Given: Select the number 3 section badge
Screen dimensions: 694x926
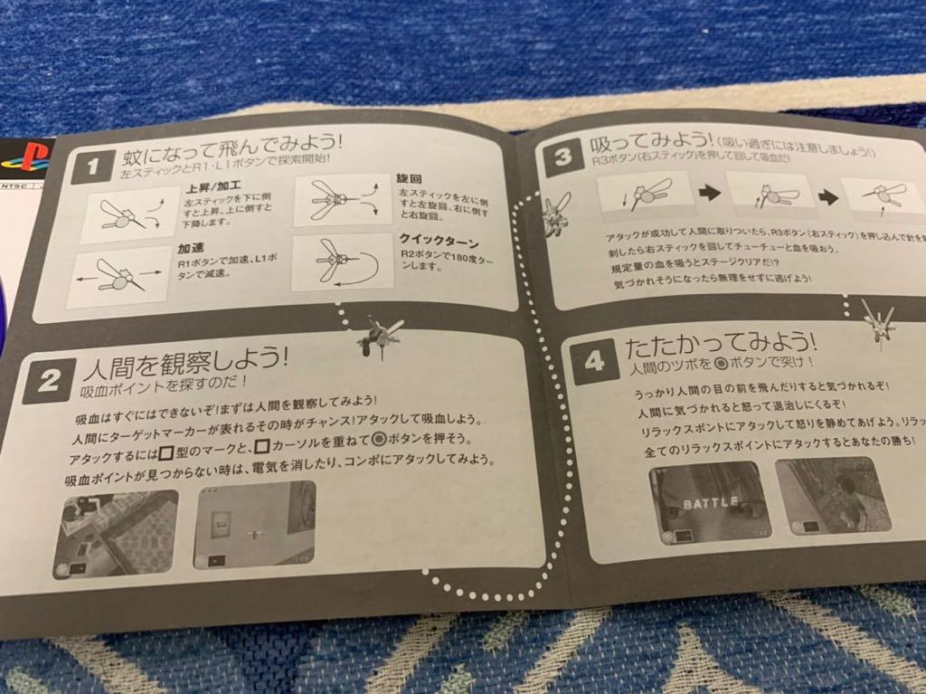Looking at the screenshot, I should click(x=562, y=157).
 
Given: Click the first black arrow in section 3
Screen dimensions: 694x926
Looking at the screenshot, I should click(x=708, y=193).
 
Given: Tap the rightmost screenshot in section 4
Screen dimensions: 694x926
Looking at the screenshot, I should click(x=832, y=494).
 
